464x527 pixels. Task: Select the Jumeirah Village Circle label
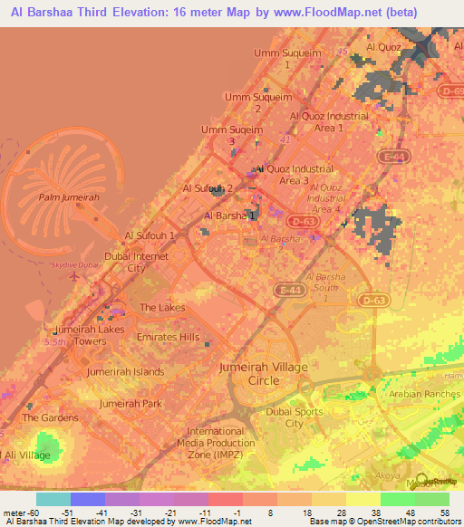[x=264, y=373]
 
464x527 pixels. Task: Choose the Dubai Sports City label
[x=293, y=417]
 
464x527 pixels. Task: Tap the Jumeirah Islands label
[x=126, y=371]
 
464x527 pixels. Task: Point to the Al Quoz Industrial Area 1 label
[x=316, y=121]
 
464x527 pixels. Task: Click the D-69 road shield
[x=450, y=91]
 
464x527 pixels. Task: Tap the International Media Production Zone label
[x=221, y=444]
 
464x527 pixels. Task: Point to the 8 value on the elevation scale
[x=259, y=513]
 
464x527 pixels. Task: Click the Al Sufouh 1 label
[x=149, y=235]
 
